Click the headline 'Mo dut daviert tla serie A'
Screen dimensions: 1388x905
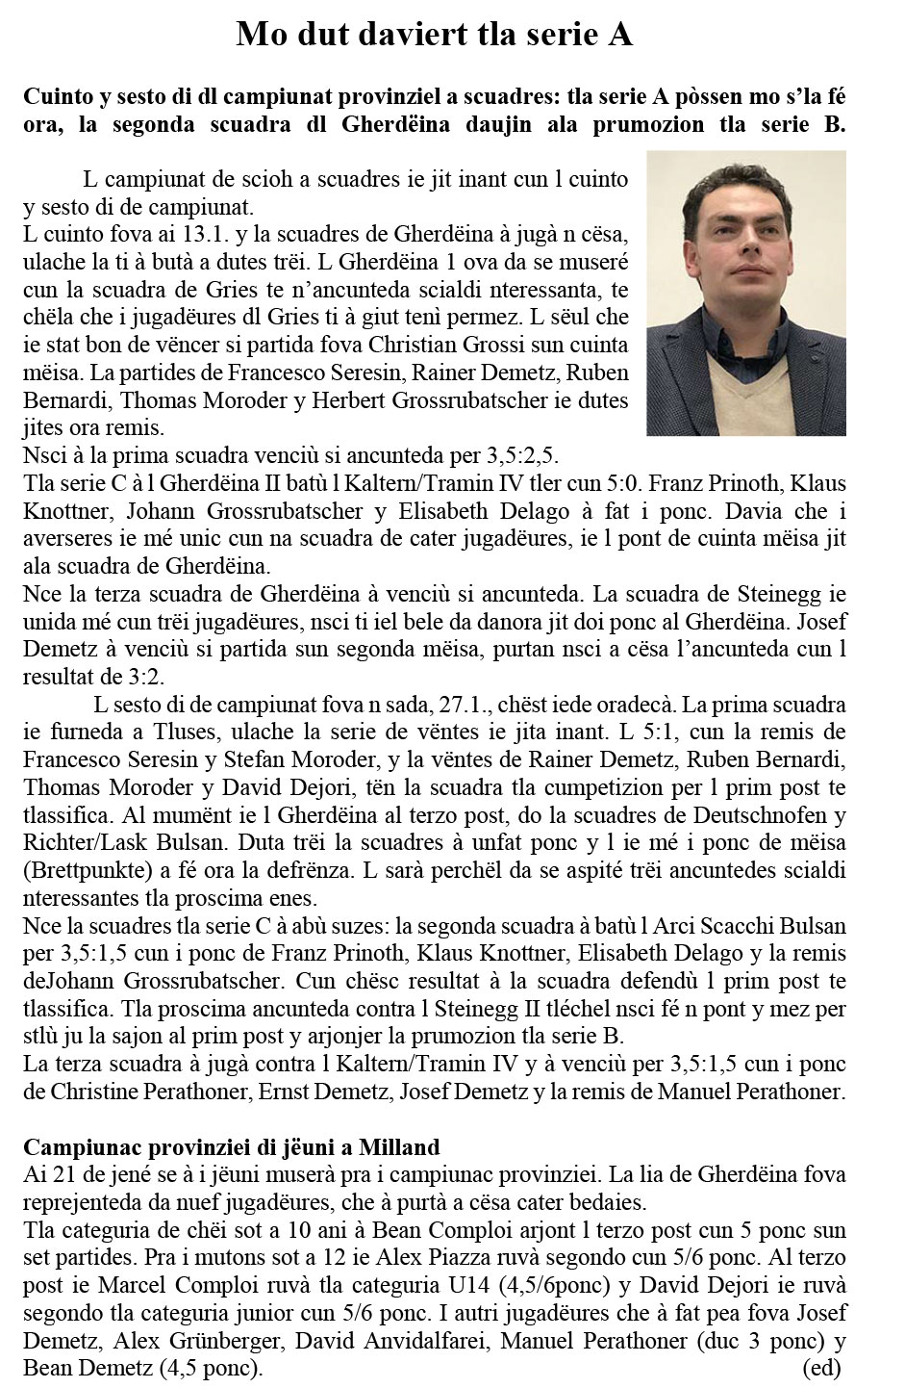(435, 36)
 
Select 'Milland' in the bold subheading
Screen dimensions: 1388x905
(399, 1146)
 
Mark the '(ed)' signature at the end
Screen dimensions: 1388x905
(820, 1367)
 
